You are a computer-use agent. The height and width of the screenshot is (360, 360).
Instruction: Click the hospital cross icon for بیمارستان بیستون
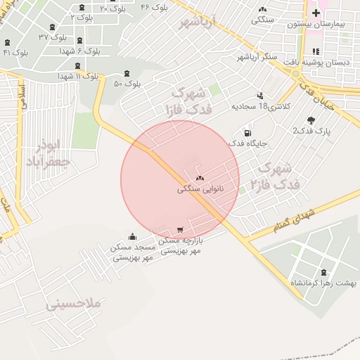tap(316, 12)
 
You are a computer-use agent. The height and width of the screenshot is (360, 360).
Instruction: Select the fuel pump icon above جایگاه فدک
tap(247, 133)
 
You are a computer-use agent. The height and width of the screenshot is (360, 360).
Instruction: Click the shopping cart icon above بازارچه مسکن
tap(181, 230)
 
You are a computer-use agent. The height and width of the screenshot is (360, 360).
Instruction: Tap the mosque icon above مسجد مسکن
tap(133, 236)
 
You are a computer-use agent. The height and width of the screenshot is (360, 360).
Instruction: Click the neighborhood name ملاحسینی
tap(75, 304)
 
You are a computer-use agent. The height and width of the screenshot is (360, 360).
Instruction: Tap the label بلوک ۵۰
tap(127, 84)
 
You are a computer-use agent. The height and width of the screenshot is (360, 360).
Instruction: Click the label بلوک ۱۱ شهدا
tap(75, 75)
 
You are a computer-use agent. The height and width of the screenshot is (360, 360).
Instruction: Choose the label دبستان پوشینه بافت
tap(322, 62)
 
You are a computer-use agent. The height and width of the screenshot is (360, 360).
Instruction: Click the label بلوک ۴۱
tap(15, 53)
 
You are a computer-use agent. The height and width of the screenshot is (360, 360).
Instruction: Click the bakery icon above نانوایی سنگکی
tap(200, 179)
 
